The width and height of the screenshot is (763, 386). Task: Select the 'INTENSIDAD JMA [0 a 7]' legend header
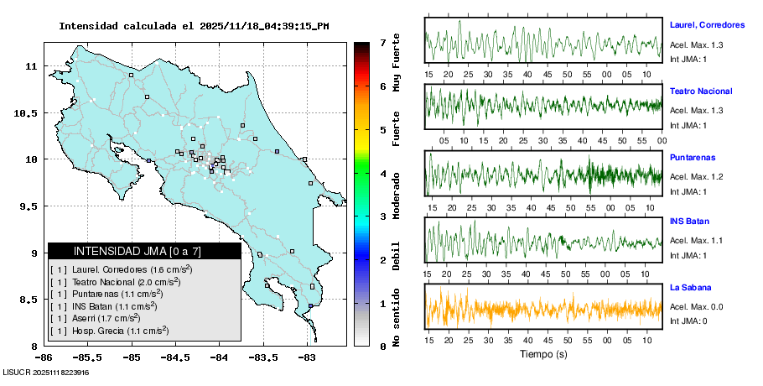(x=137, y=251)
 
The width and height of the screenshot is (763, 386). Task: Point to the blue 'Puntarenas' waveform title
(x=692, y=158)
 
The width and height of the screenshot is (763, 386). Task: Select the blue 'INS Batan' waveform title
(x=690, y=222)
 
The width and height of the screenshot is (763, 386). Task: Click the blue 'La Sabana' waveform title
(x=690, y=288)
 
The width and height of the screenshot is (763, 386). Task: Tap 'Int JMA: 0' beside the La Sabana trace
(x=688, y=321)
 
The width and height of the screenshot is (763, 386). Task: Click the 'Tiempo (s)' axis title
(x=543, y=355)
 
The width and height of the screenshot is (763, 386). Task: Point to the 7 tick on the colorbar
(x=381, y=42)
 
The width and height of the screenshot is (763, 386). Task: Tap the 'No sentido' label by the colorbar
(x=397, y=316)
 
